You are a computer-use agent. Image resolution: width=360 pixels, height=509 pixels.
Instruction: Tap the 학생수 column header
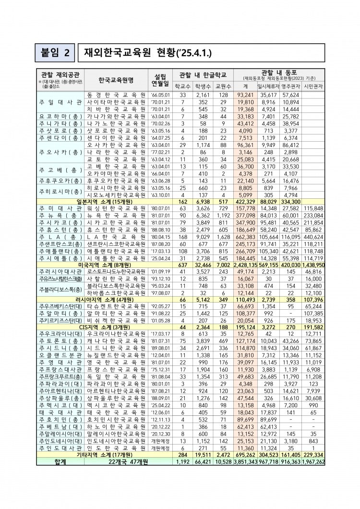203,87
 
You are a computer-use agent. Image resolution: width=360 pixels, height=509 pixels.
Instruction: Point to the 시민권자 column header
314,87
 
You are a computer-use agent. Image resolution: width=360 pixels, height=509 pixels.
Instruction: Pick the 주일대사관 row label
60,102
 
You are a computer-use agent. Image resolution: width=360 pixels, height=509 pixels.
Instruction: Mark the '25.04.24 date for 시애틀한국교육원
160,258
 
